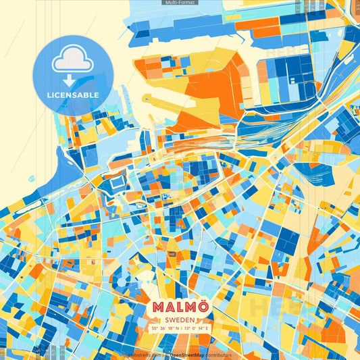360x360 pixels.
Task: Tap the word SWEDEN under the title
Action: (180, 319)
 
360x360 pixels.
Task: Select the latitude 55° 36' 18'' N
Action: (165, 328)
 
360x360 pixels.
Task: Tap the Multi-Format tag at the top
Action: (180, 3)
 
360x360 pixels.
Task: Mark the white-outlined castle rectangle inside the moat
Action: (117, 182)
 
